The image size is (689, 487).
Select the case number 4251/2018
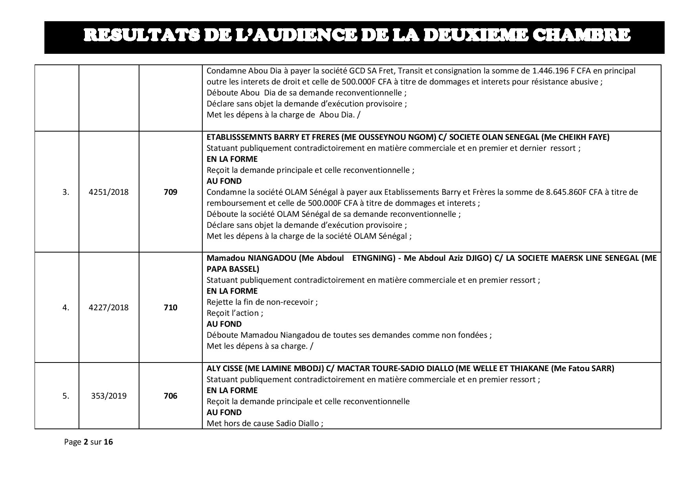[109, 192]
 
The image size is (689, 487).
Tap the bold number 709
[170, 192]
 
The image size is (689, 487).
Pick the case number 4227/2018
[109, 307]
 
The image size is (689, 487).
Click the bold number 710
[170, 307]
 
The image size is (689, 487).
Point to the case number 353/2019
[109, 396]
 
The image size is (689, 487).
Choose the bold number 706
[170, 396]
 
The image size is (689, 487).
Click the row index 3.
[66, 192]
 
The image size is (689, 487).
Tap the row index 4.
[66, 307]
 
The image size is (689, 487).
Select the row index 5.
[66, 396]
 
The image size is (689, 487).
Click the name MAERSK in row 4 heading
[564, 258]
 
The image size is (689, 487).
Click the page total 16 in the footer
[108, 442]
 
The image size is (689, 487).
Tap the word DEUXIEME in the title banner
[476, 35]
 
